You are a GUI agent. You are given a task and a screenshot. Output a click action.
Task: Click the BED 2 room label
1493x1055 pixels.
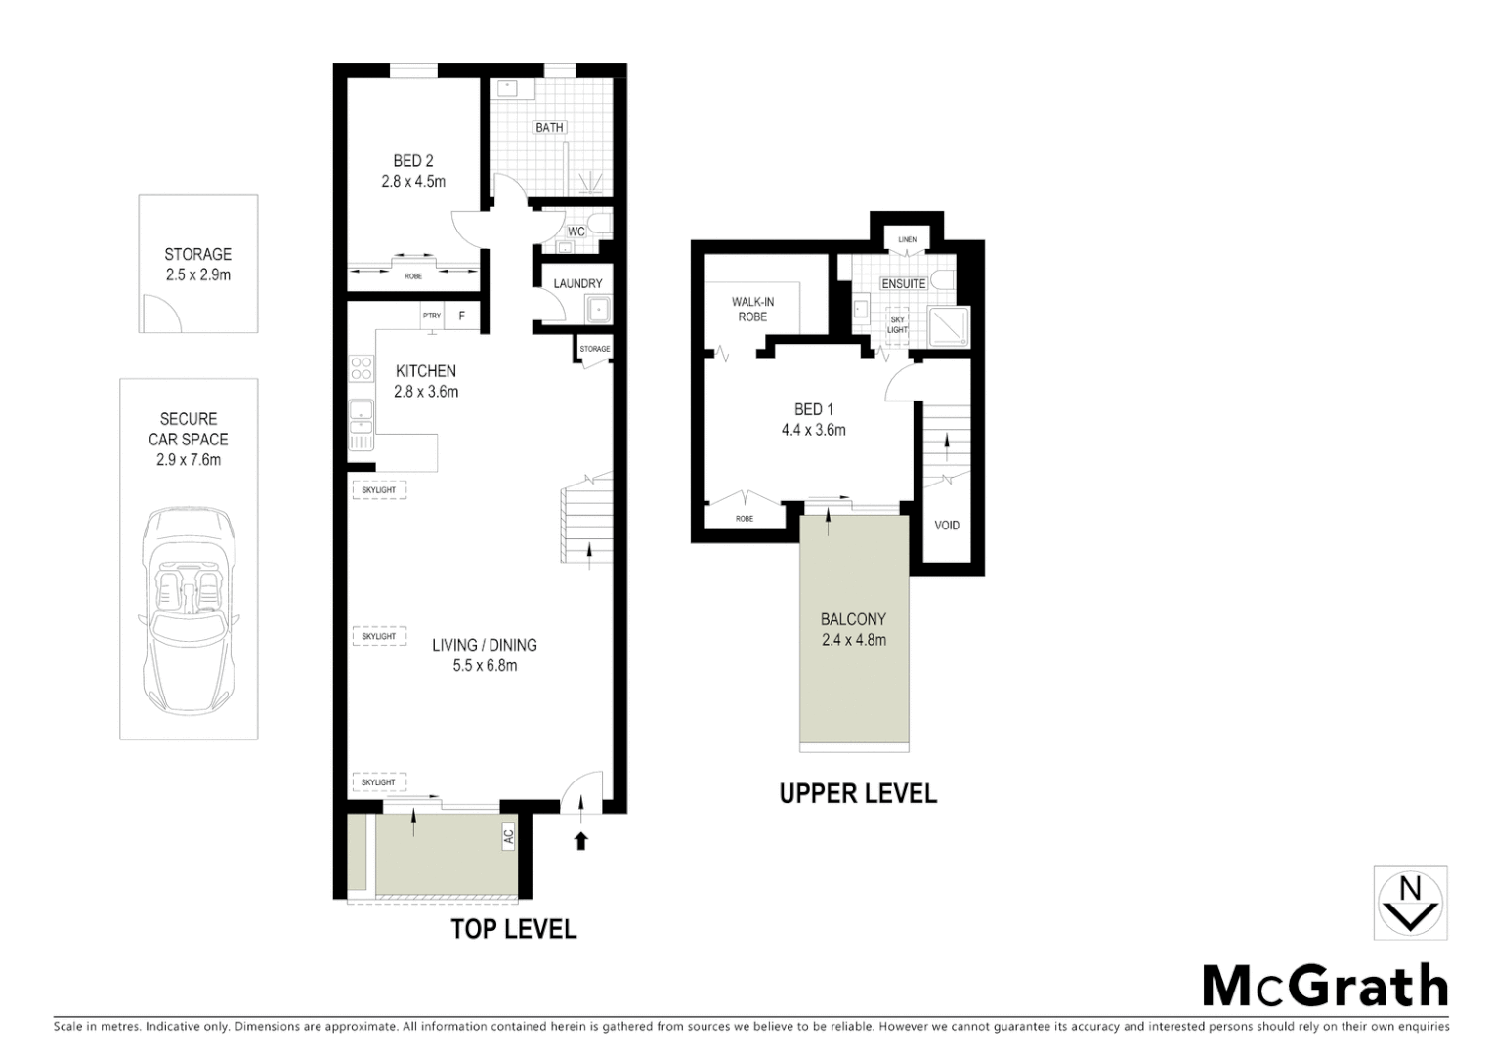pyautogui.click(x=413, y=161)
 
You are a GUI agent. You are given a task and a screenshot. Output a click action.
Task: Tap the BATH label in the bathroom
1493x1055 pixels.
pyautogui.click(x=549, y=127)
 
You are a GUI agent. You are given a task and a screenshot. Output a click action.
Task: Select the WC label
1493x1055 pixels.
pyautogui.click(x=576, y=232)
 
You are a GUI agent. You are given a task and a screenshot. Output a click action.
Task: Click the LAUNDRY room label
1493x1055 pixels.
pyautogui.click(x=577, y=283)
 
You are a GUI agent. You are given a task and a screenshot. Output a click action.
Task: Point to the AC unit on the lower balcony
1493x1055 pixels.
pyautogui.click(x=508, y=837)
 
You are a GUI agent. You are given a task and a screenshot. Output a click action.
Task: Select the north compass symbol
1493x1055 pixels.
pyautogui.click(x=1410, y=904)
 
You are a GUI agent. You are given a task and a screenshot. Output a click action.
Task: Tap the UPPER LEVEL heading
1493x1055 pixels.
pyautogui.click(x=858, y=794)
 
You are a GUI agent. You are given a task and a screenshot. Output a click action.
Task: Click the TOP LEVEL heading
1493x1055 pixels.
pyautogui.click(x=513, y=929)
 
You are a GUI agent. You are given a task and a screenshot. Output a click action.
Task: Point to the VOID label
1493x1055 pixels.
pyautogui.click(x=947, y=526)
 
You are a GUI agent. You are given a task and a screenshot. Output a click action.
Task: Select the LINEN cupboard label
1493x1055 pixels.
pyautogui.click(x=908, y=239)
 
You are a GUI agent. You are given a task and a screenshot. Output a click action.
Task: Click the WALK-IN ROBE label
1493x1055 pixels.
pyautogui.click(x=752, y=310)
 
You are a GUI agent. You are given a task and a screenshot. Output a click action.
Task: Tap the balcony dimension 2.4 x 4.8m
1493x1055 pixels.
pyautogui.click(x=853, y=641)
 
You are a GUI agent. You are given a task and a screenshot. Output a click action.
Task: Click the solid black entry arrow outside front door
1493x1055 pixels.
pyautogui.click(x=581, y=840)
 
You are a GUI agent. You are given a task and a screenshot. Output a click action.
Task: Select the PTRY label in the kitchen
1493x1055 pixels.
pyautogui.click(x=431, y=316)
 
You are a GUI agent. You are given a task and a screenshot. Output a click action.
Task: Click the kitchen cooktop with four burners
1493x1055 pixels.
pyautogui.click(x=362, y=368)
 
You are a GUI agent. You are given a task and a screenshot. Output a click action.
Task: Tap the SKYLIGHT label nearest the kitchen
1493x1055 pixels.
pyautogui.click(x=378, y=489)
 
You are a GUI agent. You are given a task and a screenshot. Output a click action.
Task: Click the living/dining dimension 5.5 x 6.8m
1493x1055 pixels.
pyautogui.click(x=485, y=666)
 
